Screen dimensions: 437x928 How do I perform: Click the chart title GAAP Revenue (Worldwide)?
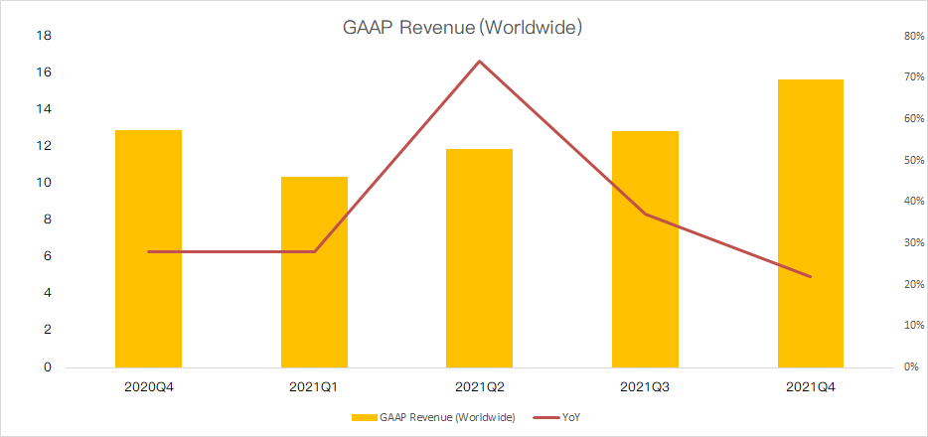tap(463, 28)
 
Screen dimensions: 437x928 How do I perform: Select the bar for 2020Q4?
tap(148, 248)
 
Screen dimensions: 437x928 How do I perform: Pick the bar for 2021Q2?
tap(480, 257)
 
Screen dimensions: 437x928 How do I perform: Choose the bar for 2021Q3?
tap(645, 248)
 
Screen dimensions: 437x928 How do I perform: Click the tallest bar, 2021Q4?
tap(811, 222)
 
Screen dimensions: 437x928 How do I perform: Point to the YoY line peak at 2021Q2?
tap(480, 62)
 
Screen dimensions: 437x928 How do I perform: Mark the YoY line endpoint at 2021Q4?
tap(811, 276)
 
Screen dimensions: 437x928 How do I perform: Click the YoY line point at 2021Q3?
tap(645, 214)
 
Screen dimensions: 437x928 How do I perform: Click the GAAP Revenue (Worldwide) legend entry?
tap(437, 418)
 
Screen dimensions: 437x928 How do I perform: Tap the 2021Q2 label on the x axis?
tap(480, 384)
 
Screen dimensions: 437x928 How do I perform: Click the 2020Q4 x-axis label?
tap(148, 384)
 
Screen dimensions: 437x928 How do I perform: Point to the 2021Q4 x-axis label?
tap(811, 384)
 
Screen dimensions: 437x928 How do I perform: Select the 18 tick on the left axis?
tap(45, 36)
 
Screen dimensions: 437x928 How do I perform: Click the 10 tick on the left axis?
tap(45, 183)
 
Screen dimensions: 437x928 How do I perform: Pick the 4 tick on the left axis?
tap(48, 293)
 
